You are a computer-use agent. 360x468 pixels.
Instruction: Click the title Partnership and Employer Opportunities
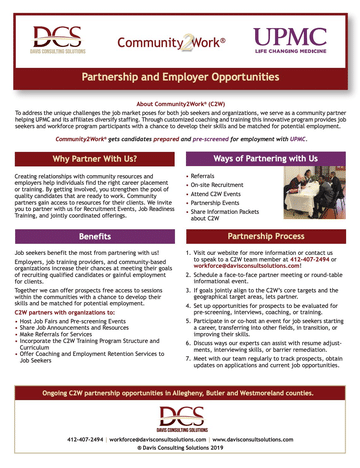click(x=180, y=78)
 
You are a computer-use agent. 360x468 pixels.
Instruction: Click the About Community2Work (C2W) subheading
click(x=180, y=103)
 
